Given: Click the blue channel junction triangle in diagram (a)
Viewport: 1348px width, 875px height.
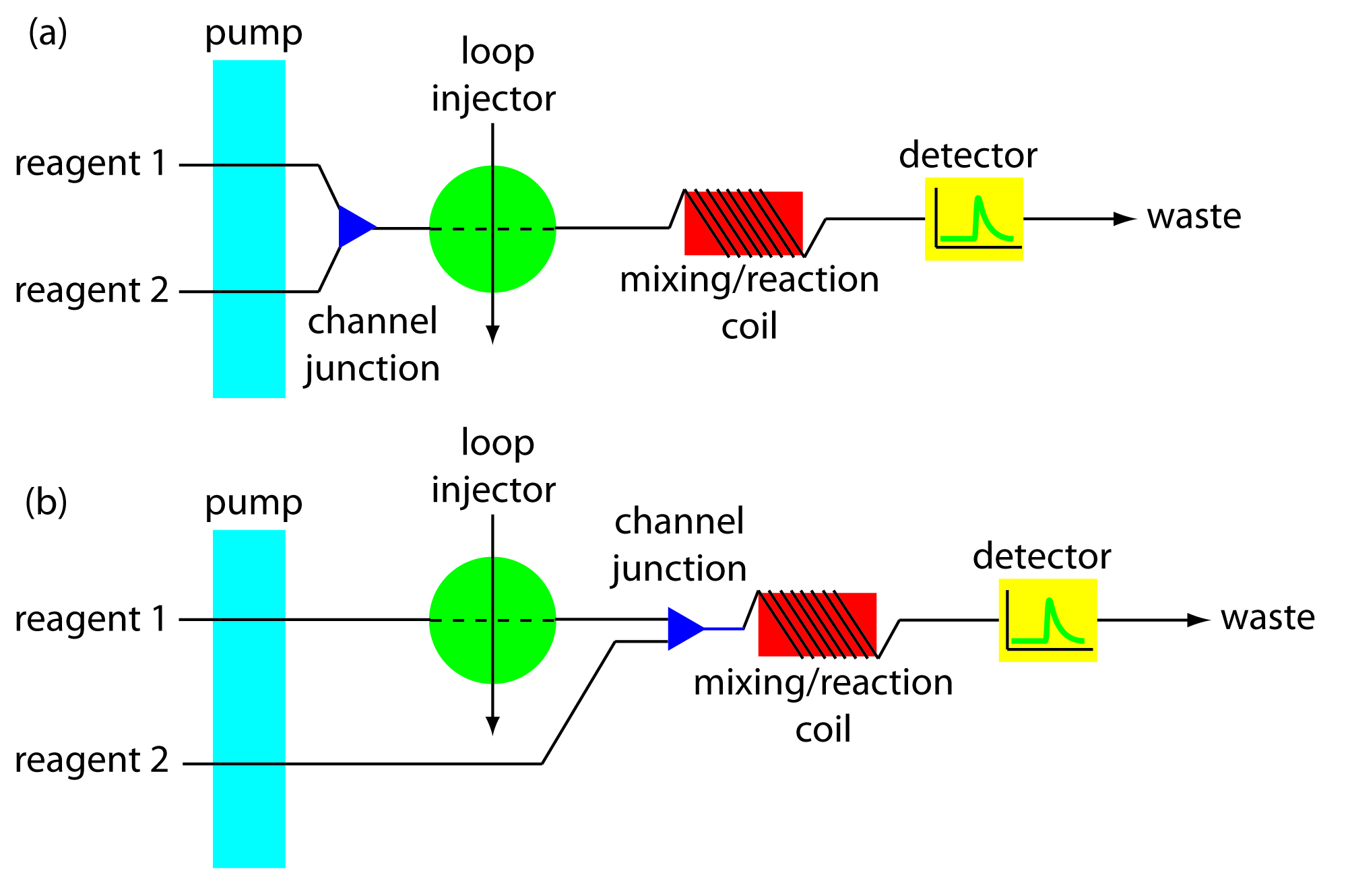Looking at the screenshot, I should (x=354, y=226).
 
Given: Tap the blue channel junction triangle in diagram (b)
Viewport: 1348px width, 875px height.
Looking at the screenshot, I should (x=682, y=628).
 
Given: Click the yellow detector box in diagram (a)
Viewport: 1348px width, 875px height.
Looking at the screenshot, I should (x=974, y=219).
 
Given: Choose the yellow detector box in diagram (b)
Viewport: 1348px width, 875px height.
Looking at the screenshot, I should (x=1048, y=620).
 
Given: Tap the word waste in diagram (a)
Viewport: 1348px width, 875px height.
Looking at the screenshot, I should (x=1194, y=217).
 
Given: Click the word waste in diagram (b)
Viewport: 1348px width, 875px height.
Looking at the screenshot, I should (x=1267, y=618).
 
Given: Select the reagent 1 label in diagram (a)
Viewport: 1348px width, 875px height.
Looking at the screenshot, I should (x=91, y=164).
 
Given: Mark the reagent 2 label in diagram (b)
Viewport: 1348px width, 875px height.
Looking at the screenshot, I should (x=92, y=761).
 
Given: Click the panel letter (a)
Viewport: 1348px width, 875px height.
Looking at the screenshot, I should (x=48, y=32).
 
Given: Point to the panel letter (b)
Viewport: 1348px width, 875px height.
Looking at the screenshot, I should (x=46, y=502).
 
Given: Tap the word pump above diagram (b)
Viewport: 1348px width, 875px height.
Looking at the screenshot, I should (x=253, y=503).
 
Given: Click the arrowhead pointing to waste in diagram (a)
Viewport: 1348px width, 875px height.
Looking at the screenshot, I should (x=1125, y=219).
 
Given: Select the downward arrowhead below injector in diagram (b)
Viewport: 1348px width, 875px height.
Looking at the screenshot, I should (x=493, y=726).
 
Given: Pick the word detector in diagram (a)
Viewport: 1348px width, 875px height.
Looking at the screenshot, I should (x=967, y=156).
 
